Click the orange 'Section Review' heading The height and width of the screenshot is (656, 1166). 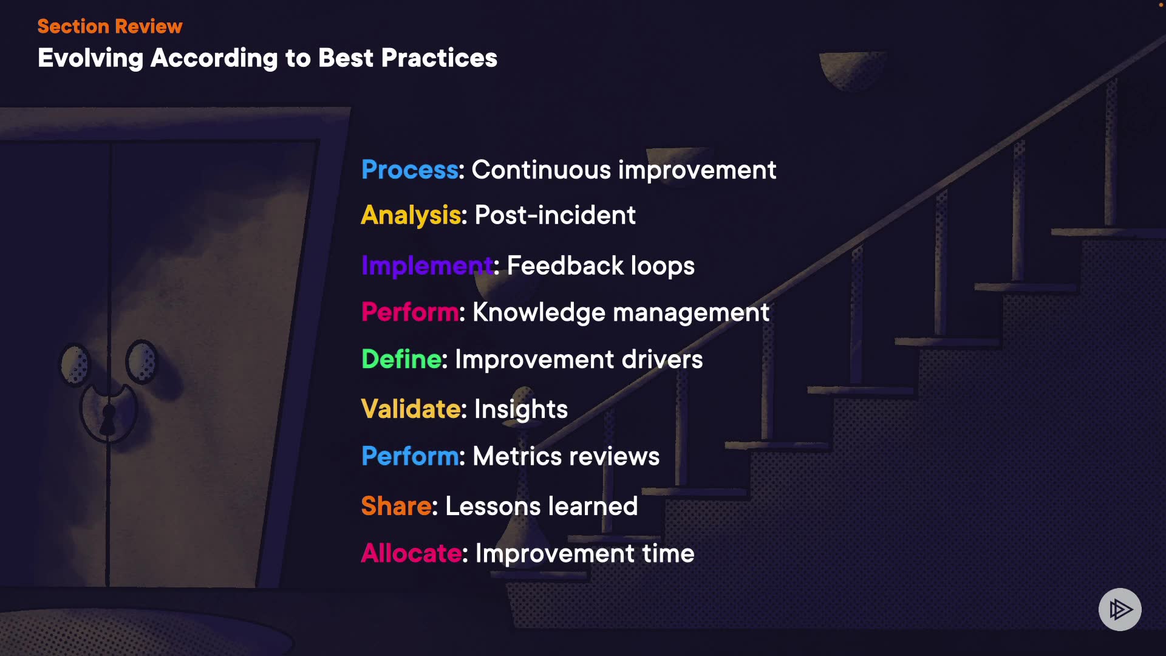pos(110,26)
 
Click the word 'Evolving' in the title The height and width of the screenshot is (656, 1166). pos(90,59)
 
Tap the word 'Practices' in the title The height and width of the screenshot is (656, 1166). pos(439,58)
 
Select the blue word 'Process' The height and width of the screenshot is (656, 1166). pos(410,170)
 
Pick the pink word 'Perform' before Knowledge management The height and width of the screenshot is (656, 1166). pos(410,312)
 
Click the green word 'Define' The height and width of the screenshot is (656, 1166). pos(401,360)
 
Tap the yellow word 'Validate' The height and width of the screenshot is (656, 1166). pos(411,409)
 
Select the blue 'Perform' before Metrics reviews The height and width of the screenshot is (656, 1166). pos(410,456)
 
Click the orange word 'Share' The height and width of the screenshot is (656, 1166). pos(396,506)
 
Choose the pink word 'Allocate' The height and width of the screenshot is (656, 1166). pos(412,553)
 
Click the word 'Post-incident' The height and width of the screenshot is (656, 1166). pos(555,216)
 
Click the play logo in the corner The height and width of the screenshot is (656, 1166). pos(1120,609)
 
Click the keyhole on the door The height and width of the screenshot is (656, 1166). pos(108,419)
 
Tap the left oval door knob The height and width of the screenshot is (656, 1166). pos(75,364)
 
